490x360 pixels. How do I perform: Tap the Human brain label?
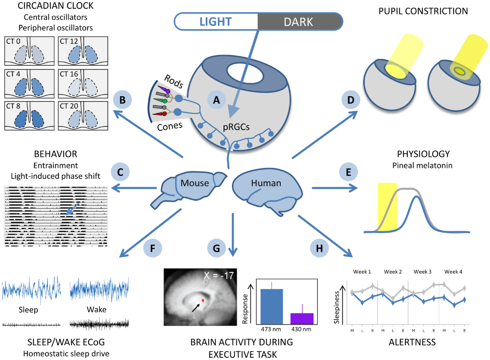[266, 183]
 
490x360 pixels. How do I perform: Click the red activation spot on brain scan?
[203, 300]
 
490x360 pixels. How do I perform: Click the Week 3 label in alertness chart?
[423, 271]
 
